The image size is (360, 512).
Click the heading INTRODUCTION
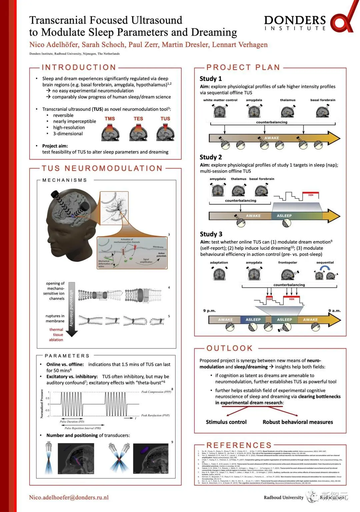pos(79,67)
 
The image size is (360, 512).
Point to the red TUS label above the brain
pos(165,119)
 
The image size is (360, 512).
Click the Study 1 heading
pos(211,79)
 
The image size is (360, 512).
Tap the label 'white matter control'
pos(220,100)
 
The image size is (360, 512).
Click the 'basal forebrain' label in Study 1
pos(323,100)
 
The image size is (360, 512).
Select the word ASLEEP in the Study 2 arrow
pos(284,216)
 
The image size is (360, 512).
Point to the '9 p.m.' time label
pos(209,311)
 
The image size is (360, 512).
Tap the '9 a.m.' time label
pos(334,311)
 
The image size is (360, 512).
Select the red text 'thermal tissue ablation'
pos(56,335)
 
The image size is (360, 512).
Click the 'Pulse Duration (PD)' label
pos(72,422)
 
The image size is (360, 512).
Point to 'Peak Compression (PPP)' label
pos(156,392)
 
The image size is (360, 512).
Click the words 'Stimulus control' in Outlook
pos(226,422)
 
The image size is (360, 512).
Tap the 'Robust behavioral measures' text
pos(298,422)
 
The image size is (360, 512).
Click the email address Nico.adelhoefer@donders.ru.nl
pos(69,497)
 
